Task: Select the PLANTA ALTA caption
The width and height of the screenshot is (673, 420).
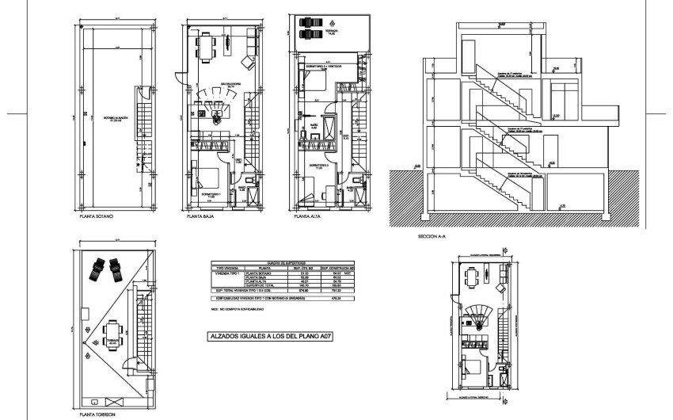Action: point(308,215)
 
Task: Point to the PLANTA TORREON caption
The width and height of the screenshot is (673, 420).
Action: point(96,413)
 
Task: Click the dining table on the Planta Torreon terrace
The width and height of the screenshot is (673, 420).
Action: point(112,329)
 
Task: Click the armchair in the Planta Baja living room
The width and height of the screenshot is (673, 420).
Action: point(249,62)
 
